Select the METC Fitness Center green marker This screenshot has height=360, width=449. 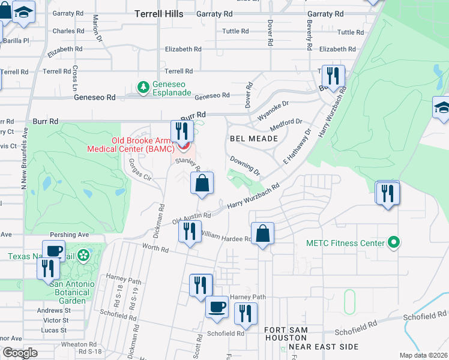394,243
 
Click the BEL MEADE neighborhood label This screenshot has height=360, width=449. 254,139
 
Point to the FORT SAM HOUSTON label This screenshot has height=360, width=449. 291,330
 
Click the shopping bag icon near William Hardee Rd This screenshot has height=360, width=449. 263,233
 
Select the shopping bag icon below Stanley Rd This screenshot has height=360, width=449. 202,184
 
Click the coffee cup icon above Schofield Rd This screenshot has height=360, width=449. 217,307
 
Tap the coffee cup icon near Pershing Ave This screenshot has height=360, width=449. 53,250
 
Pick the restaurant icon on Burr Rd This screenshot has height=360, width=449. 181,131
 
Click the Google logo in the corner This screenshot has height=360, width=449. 20,353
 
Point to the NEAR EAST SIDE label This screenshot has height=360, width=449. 324,347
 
